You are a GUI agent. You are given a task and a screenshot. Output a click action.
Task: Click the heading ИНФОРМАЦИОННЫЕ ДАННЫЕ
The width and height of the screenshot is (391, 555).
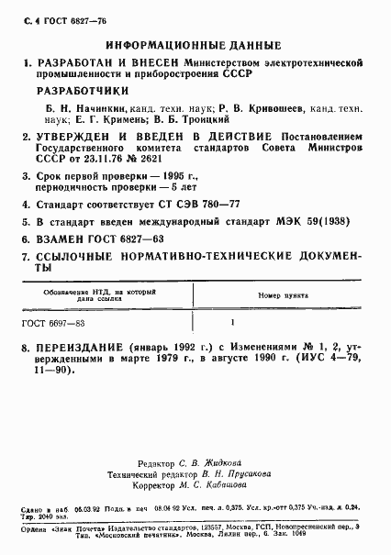point(195,43)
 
